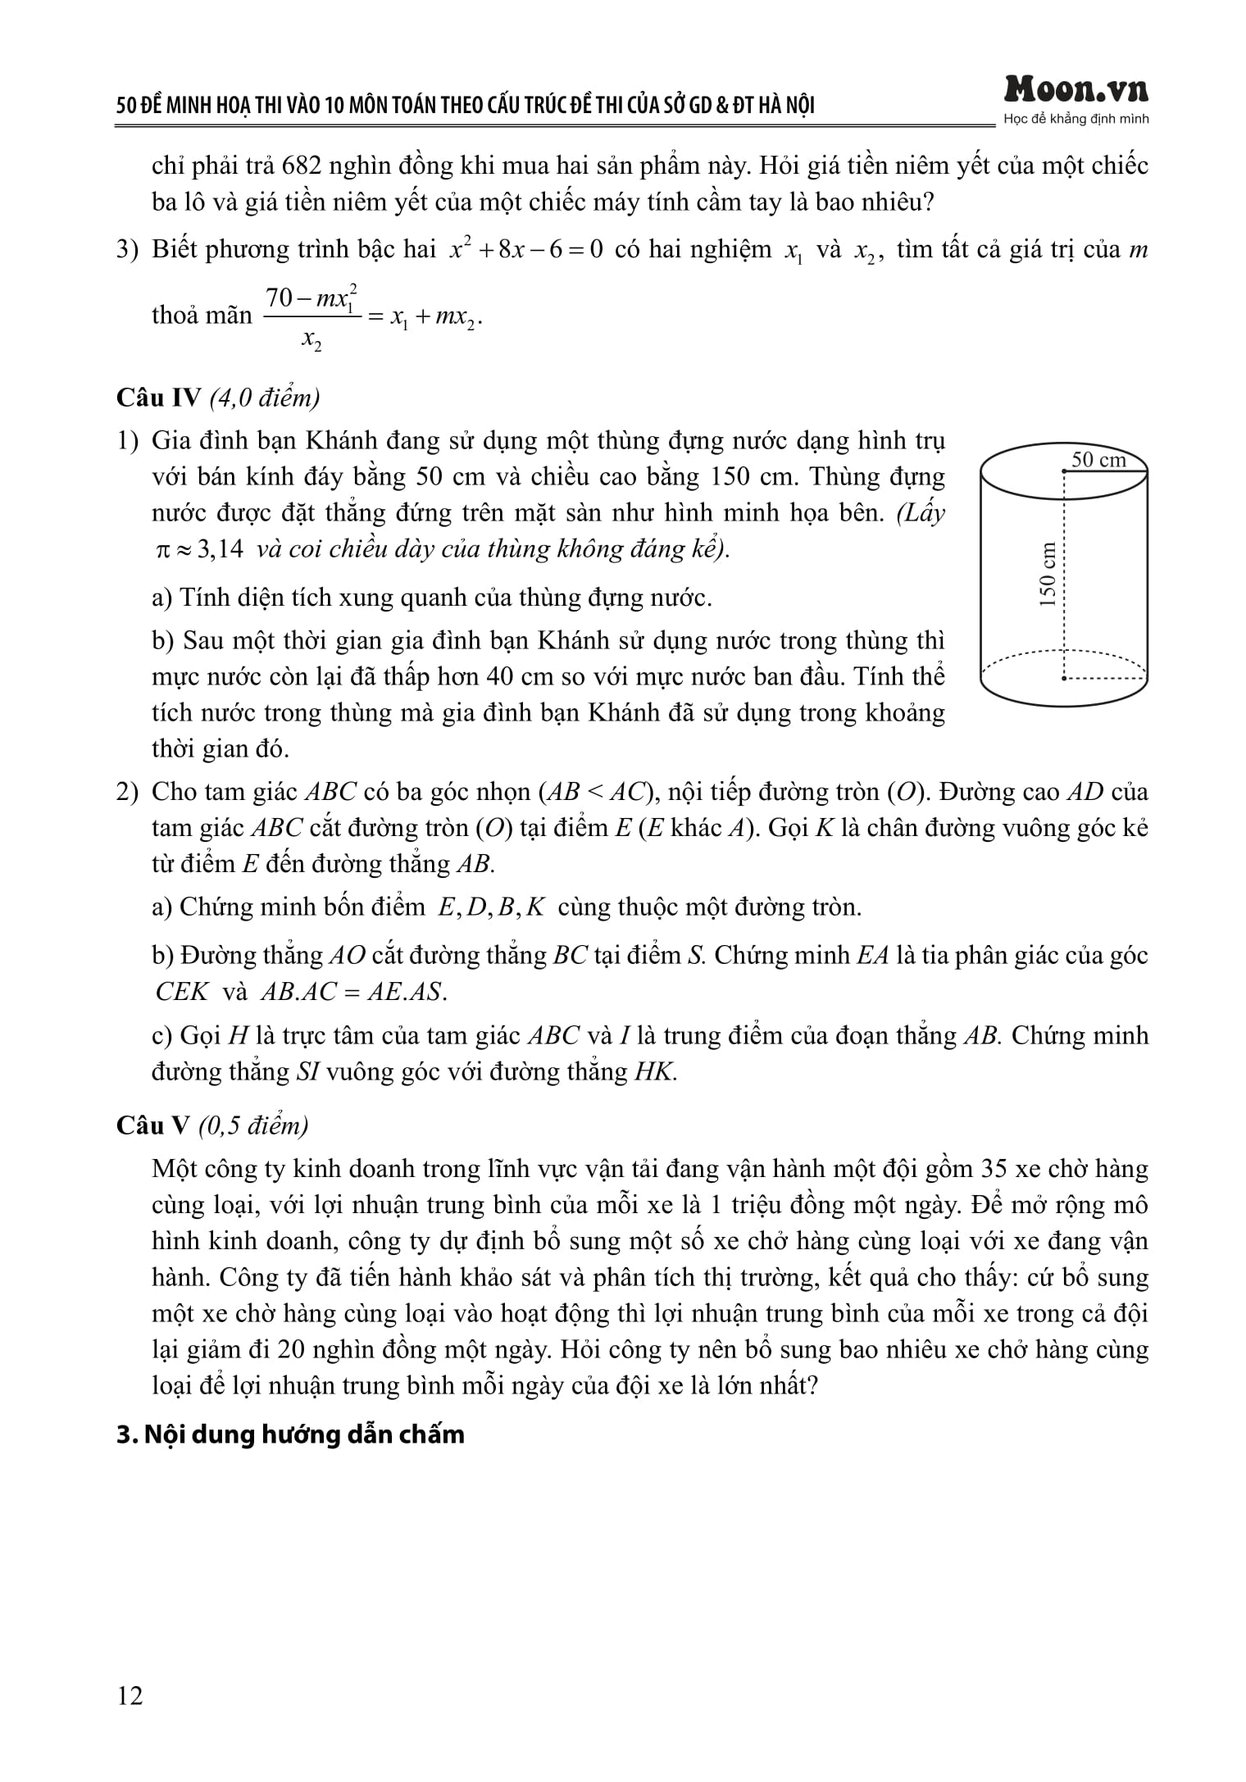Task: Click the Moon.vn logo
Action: tap(1075, 89)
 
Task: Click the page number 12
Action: tap(130, 1695)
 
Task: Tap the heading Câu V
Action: tap(152, 1125)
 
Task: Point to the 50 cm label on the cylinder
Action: tap(1098, 460)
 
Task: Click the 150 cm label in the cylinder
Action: tap(1047, 574)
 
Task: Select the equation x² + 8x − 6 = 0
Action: tap(525, 250)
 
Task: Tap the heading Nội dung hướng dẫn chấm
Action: tap(290, 1434)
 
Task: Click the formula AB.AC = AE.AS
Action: tap(353, 992)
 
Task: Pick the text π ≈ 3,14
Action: tap(199, 548)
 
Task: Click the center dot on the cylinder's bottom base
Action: tap(1063, 678)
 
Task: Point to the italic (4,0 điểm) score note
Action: tap(265, 398)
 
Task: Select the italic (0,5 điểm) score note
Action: tap(253, 1125)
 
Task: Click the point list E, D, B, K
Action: tap(491, 907)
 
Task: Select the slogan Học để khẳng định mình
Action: tap(1075, 120)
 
